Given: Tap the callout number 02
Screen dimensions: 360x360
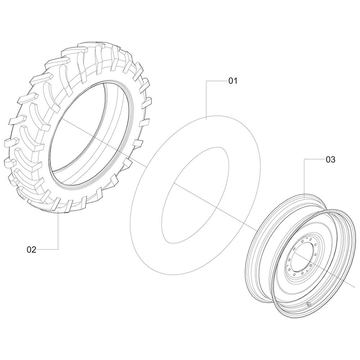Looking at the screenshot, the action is [x=32, y=249].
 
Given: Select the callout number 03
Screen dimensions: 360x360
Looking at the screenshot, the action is [x=330, y=159].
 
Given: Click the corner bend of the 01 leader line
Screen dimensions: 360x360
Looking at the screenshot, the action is [x=206, y=81].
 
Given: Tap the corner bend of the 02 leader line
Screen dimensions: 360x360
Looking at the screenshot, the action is [x=58, y=249].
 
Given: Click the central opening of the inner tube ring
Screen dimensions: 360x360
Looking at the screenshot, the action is [x=195, y=195].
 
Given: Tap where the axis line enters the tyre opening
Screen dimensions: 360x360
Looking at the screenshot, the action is [x=61, y=119].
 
